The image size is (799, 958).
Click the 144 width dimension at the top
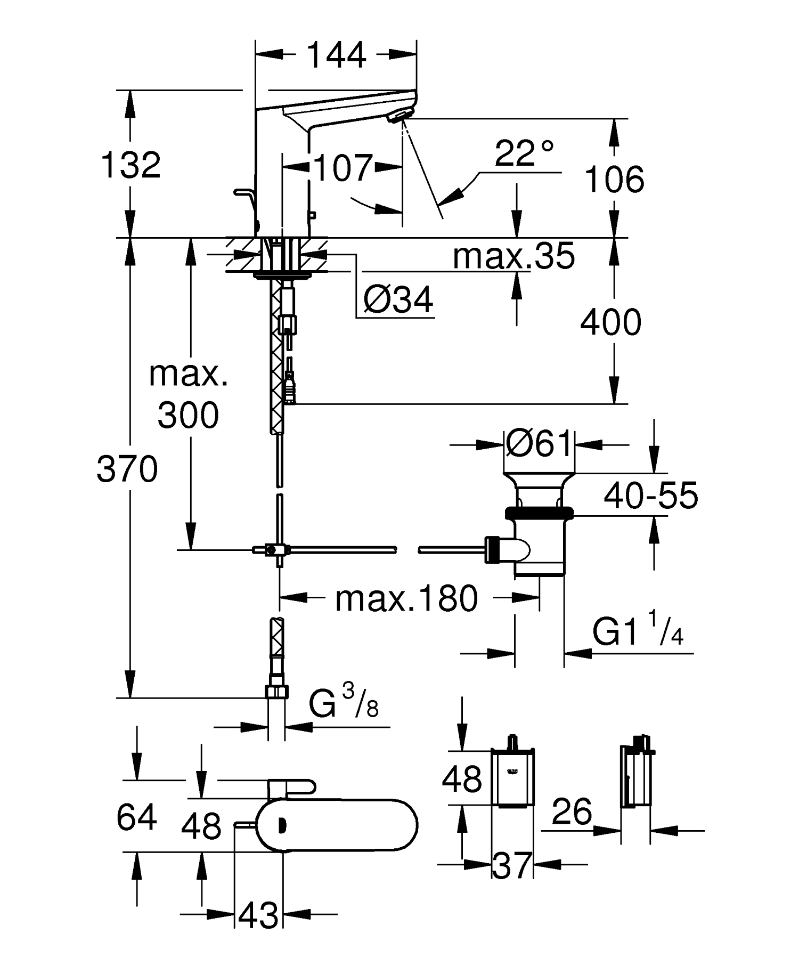pyautogui.click(x=337, y=55)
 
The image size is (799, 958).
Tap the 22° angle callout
pyautogui.click(x=524, y=153)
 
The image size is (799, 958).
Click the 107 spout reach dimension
pyautogui.click(x=343, y=168)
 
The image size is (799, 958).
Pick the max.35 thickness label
pyautogui.click(x=513, y=256)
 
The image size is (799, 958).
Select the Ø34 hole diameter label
pyautogui.click(x=398, y=300)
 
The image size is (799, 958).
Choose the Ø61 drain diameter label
pyautogui.click(x=539, y=443)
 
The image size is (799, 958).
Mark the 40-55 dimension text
pyautogui.click(x=650, y=496)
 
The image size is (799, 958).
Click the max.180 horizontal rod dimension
pyautogui.click(x=406, y=598)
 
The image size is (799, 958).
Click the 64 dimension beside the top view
pyautogui.click(x=136, y=817)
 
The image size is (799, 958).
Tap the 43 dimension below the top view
pyautogui.click(x=258, y=915)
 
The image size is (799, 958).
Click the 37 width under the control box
pyautogui.click(x=511, y=866)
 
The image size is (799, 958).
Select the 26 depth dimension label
pyautogui.click(x=572, y=811)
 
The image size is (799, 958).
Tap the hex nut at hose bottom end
pyautogui.click(x=276, y=692)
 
